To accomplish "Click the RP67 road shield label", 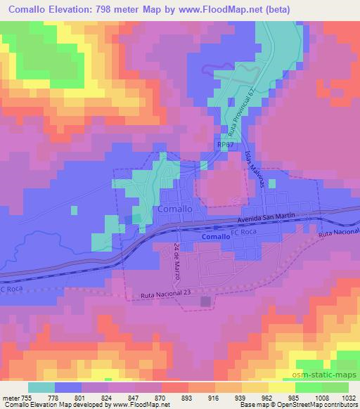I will [224, 143].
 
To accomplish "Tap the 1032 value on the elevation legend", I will [348, 396].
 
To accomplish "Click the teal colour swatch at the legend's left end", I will [41, 386].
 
